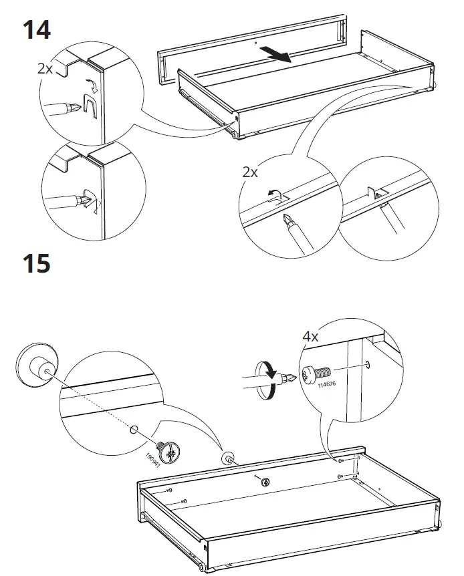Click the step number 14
click(36, 30)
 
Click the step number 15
click(36, 263)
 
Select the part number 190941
click(153, 460)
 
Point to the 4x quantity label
click(310, 336)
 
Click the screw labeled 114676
click(316, 374)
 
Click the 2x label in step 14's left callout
click(45, 69)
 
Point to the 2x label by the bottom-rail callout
click(250, 172)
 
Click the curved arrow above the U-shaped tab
click(92, 85)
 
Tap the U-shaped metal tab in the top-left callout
click(90, 106)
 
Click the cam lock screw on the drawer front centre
click(265, 482)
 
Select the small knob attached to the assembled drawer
click(227, 458)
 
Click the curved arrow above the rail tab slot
click(274, 194)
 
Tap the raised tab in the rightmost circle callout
click(373, 193)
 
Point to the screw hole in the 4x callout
click(367, 365)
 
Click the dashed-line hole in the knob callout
click(134, 429)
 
